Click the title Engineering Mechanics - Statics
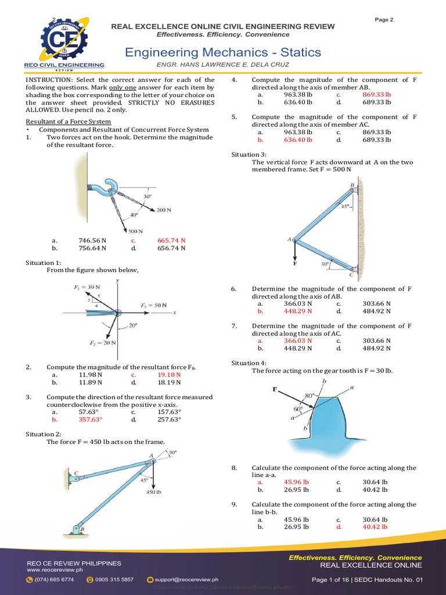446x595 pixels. pos(223,52)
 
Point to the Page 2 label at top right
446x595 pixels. pos(384,20)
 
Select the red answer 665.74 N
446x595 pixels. pos(171,240)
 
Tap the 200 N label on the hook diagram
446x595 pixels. pos(164,210)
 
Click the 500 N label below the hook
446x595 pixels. pos(136,231)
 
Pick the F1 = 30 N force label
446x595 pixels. pos(87,287)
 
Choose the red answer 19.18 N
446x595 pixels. pos(169,375)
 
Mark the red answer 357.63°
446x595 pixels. pos(91,419)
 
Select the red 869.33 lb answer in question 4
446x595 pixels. pos(377,94)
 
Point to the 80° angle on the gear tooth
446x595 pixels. pos(308,396)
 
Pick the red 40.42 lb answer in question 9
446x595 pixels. pos(375,527)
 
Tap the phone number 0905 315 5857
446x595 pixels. pos(114,579)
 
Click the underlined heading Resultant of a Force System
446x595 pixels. pos(69,121)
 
